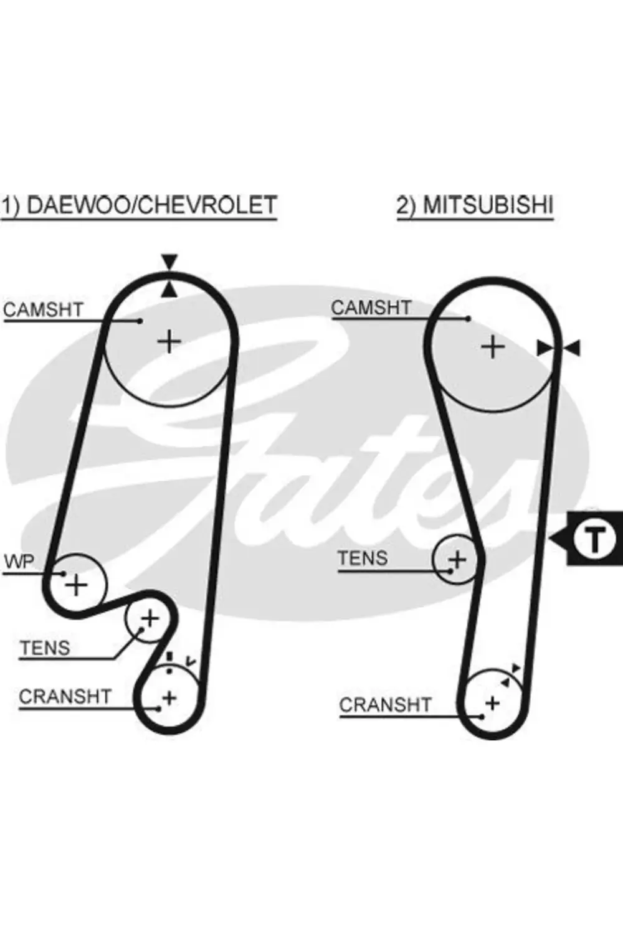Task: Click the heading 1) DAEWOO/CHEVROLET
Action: click(138, 205)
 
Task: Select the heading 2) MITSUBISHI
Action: click(475, 205)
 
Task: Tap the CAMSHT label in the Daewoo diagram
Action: click(43, 309)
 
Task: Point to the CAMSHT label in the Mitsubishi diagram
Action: click(371, 308)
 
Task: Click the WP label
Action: click(19, 562)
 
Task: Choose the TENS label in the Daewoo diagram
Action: click(45, 648)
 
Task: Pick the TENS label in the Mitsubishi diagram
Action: click(363, 558)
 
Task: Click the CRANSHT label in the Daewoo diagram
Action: click(65, 696)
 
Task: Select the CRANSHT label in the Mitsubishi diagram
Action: click(385, 705)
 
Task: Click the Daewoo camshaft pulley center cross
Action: click(169, 341)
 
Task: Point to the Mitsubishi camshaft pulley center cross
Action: click(493, 347)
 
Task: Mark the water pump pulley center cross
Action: click(77, 585)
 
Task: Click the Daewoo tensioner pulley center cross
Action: click(150, 618)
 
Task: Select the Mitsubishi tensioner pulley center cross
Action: click(457, 559)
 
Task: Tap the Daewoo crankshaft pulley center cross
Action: click(169, 697)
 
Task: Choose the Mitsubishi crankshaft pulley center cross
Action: click(492, 703)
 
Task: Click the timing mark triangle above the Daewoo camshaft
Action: click(169, 261)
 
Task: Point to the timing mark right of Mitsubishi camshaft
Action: click(559, 348)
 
